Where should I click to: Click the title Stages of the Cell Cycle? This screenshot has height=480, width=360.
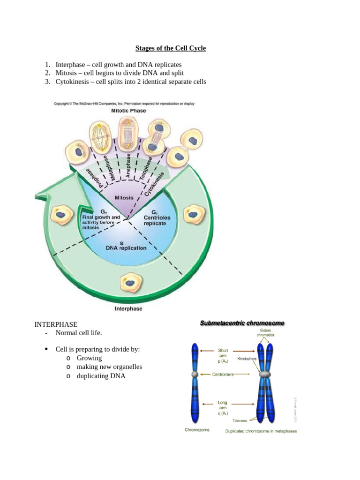(x=171, y=48)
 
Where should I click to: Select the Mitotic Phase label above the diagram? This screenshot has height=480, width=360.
(x=128, y=111)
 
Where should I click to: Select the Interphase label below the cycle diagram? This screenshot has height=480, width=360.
(x=128, y=309)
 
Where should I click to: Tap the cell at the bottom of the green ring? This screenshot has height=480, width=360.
(x=129, y=282)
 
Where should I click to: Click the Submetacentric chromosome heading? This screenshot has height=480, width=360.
(x=242, y=323)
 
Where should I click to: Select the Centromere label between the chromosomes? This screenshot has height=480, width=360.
(x=222, y=375)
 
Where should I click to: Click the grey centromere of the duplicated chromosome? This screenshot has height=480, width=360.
(x=265, y=375)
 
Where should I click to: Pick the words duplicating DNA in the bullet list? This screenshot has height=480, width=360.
(x=101, y=376)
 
